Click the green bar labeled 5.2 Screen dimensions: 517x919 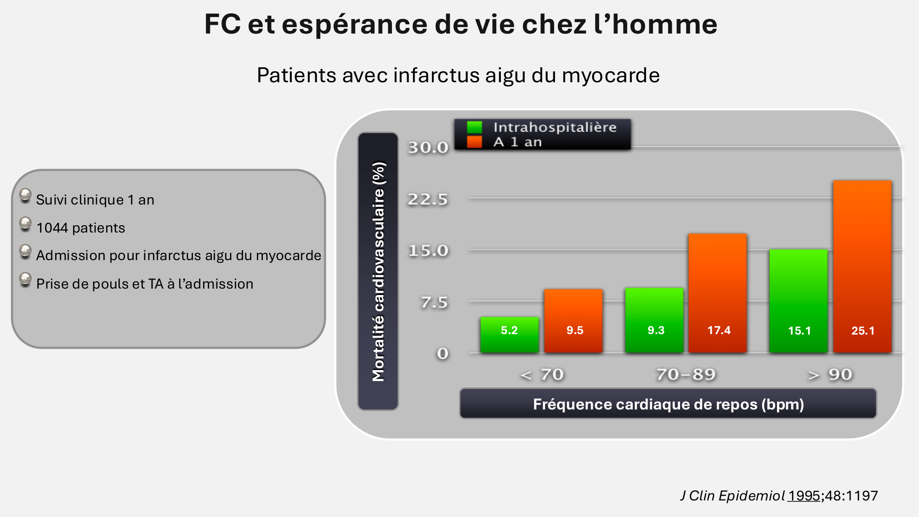tap(509, 335)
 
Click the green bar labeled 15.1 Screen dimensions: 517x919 tap(799, 301)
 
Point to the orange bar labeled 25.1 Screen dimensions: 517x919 tap(862, 267)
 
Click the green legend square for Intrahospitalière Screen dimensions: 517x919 tap(474, 127)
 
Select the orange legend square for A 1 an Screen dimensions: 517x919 tap(474, 142)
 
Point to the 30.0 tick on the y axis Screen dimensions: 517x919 tap(428, 148)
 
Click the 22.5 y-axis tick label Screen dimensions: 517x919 tap(428, 199)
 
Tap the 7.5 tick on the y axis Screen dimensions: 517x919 tap(434, 302)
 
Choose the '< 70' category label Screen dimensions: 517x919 tap(542, 375)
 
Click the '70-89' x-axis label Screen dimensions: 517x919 tap(686, 375)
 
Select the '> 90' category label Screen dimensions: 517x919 tap(830, 375)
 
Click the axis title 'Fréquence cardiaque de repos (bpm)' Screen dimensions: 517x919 tap(668, 404)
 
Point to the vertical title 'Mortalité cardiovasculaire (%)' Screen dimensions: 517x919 tap(378, 271)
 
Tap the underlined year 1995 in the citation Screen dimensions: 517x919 tap(804, 496)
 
